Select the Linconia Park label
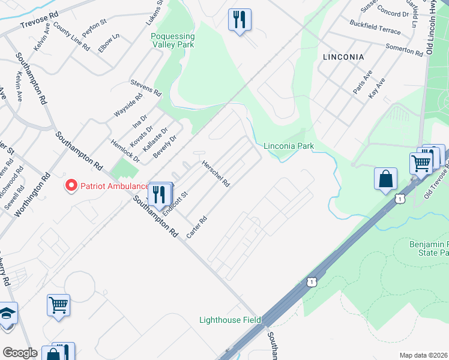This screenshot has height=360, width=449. click(x=289, y=146)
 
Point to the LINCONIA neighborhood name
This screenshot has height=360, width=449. click(x=343, y=57)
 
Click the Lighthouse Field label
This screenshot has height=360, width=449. click(x=230, y=320)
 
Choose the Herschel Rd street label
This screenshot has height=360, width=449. click(x=215, y=174)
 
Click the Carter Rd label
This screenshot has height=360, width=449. click(x=196, y=227)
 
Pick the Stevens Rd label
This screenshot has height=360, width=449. click(x=146, y=88)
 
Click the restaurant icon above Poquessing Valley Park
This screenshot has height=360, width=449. click(x=240, y=20)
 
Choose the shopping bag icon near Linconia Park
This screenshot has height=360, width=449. click(x=385, y=179)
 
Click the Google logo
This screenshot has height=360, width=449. click(x=20, y=353)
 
